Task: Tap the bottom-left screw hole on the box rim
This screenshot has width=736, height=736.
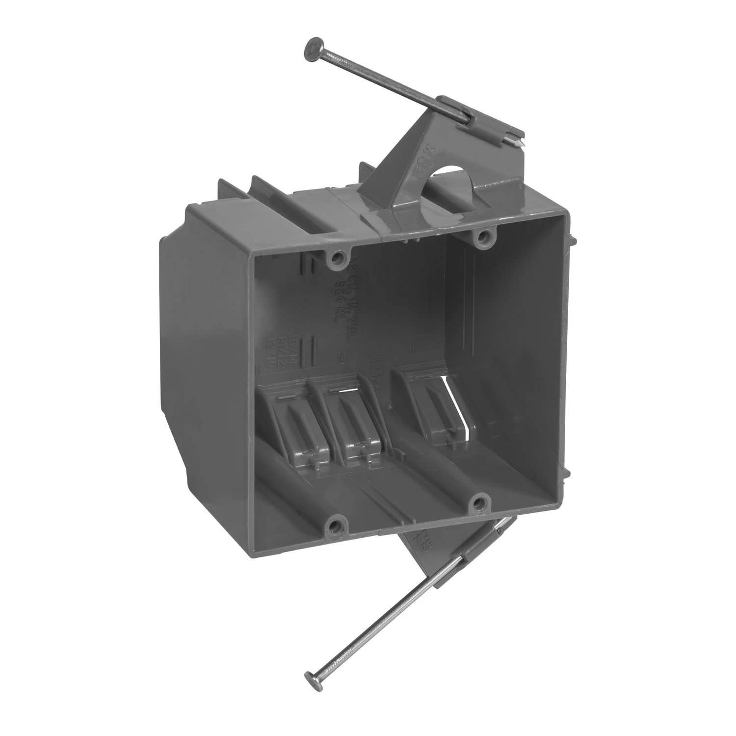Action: point(335,527)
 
